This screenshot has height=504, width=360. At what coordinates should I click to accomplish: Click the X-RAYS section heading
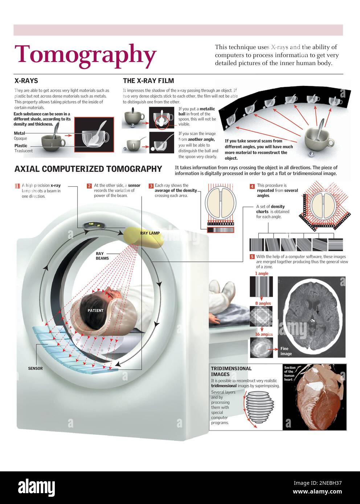click(x=26, y=81)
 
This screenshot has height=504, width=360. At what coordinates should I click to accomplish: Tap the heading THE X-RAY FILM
click(x=148, y=81)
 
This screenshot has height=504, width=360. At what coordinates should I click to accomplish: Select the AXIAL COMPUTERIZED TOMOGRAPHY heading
click(x=88, y=169)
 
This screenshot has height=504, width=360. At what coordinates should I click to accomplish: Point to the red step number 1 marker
click(x=17, y=186)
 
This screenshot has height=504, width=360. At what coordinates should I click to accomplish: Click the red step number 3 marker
click(x=151, y=186)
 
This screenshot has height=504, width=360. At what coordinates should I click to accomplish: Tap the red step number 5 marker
click(x=252, y=257)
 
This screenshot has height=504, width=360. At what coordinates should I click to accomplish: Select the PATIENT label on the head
click(x=95, y=311)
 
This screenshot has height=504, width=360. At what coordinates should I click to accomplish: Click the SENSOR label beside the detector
click(x=35, y=368)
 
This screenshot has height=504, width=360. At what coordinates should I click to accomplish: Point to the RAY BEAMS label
click(x=102, y=256)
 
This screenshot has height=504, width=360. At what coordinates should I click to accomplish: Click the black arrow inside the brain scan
click(x=318, y=309)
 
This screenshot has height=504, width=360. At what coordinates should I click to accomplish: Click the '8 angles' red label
click(x=263, y=303)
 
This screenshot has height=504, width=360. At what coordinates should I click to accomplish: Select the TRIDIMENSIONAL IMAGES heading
click(x=231, y=371)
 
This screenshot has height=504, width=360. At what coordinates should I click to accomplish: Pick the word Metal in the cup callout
click(x=19, y=133)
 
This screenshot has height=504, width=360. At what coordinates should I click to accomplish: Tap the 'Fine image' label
click(x=286, y=351)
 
